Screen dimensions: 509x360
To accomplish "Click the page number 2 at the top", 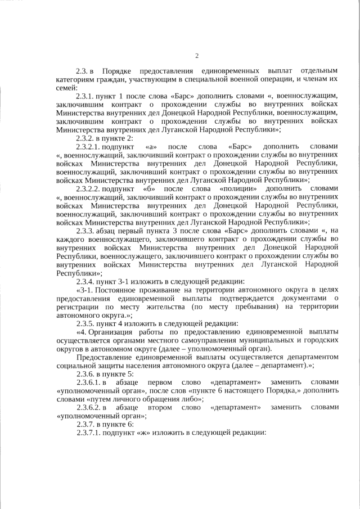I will (x=196, y=55).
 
